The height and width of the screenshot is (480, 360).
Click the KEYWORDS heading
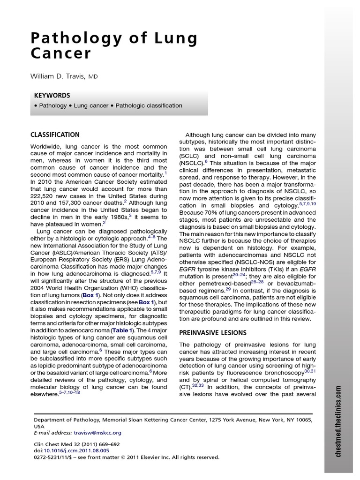click(52, 95)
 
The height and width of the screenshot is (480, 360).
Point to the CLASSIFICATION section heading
click(55, 135)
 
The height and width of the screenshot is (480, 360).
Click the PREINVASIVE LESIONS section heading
click(213, 332)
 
